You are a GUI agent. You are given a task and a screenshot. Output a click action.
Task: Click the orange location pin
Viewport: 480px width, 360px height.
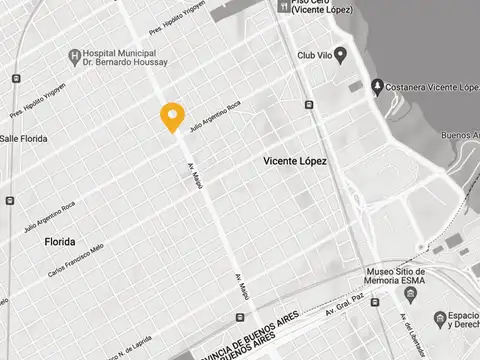173,116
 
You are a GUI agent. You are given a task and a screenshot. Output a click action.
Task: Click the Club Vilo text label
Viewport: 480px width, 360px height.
314,55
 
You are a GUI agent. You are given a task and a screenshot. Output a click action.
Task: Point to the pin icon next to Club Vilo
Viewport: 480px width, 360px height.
340,54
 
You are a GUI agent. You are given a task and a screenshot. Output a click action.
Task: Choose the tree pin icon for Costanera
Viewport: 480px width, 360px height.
377,86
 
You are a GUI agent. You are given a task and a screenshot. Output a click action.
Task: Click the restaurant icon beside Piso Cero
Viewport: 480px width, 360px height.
284,5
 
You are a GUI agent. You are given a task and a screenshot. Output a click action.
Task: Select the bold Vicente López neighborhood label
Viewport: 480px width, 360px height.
294,160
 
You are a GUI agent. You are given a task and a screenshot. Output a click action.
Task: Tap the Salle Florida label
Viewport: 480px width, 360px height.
24,138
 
